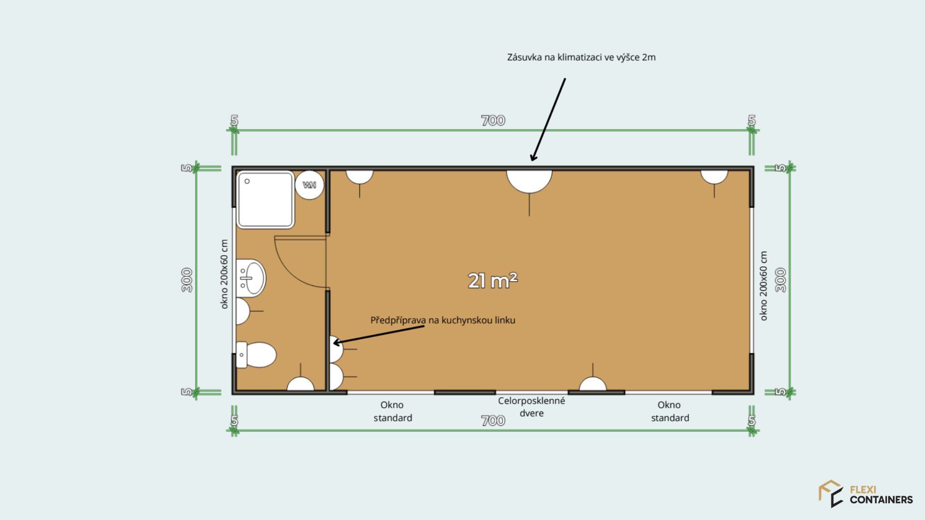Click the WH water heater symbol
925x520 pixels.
pos(309,185)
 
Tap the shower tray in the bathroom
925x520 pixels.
pos(265,199)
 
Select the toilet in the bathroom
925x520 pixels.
pos(256,355)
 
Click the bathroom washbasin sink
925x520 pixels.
pos(251,278)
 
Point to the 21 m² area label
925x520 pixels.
pos(492,280)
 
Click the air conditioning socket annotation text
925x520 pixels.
pos(581,57)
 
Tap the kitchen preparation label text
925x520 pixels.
pos(443,320)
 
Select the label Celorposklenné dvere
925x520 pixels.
pos(531,407)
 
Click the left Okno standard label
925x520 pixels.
pos(393,411)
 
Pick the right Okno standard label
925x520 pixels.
pos(670,411)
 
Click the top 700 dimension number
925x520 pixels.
pos(493,120)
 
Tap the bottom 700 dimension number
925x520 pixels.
pos(493,421)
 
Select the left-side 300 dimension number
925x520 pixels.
pos(187,280)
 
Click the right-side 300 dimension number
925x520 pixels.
pos(780,280)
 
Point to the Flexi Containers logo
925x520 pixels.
pos(866,494)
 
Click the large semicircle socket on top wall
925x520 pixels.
pos(529,181)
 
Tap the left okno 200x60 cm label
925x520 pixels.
pos(224,274)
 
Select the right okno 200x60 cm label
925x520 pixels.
pos(763,286)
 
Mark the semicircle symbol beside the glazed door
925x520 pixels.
pos(593,384)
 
